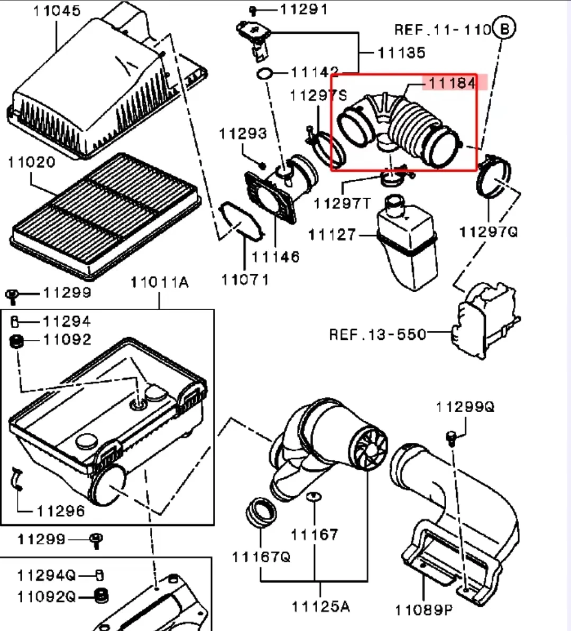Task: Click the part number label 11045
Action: point(57,11)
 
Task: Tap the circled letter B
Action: point(504,28)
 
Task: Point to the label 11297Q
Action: point(489,232)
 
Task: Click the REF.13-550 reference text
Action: point(377,335)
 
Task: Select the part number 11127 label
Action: point(332,235)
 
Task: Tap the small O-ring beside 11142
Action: point(264,73)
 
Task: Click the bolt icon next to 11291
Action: point(253,10)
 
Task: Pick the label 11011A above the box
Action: point(159,283)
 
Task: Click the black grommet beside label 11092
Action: point(17,341)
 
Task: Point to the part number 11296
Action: point(61,511)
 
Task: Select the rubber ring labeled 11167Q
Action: point(261,512)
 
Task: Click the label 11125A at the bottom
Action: point(320,606)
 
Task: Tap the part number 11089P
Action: point(424,610)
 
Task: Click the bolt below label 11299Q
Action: point(451,437)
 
